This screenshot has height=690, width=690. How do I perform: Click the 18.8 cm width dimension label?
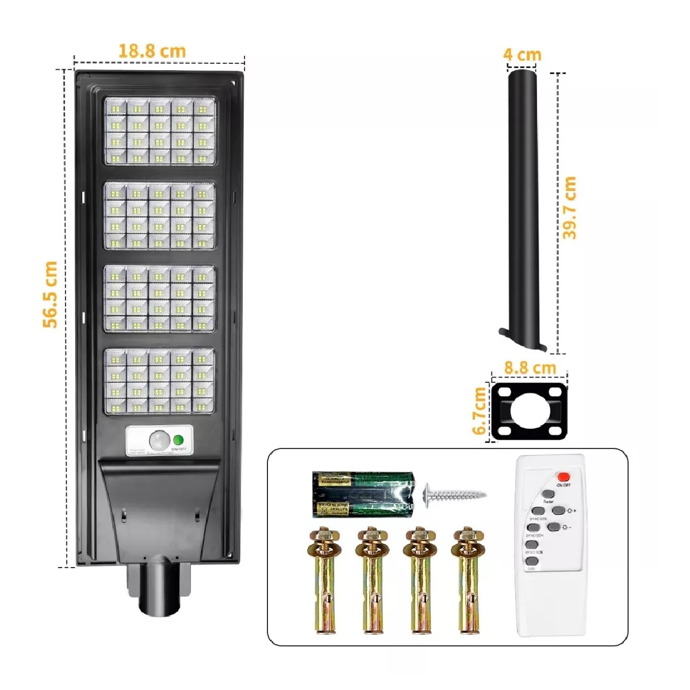(x=152, y=51)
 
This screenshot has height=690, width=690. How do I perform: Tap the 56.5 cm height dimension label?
(x=51, y=294)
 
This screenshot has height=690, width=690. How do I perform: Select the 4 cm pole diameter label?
(x=522, y=55)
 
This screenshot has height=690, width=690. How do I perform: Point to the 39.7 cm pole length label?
(x=569, y=208)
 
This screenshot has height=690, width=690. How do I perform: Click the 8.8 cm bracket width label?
(x=530, y=367)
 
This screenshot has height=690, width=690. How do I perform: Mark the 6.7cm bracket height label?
(x=478, y=411)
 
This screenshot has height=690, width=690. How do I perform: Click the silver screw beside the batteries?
(x=454, y=493)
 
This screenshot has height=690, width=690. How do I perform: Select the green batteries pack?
(x=362, y=493)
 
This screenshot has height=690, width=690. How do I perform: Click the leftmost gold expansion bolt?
(x=325, y=580)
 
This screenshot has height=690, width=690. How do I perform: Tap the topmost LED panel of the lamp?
(x=159, y=131)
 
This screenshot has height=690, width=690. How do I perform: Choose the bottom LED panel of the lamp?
(x=159, y=381)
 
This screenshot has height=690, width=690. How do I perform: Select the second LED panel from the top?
(x=159, y=217)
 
